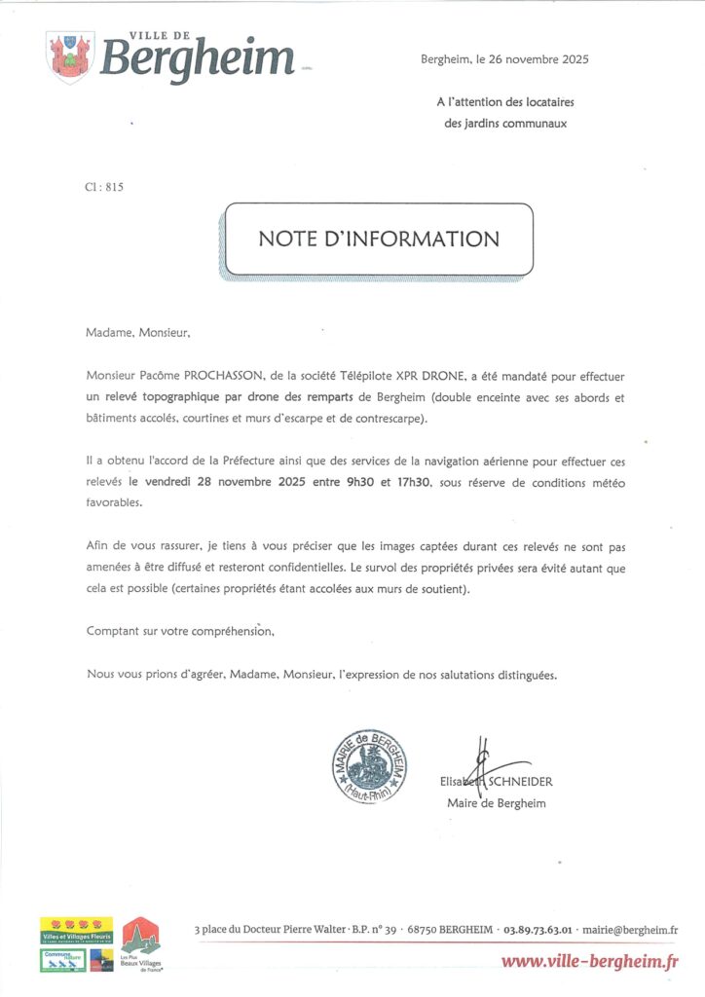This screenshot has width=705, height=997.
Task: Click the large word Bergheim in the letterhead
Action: click(x=198, y=58)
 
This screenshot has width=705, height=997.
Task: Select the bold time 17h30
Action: click(x=413, y=481)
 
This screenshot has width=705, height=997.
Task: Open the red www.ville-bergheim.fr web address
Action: click(x=589, y=962)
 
